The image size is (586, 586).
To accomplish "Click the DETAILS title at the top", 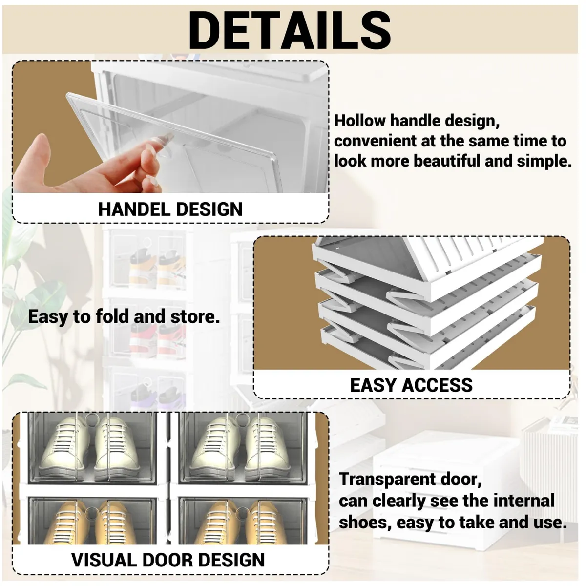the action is [x=290, y=30].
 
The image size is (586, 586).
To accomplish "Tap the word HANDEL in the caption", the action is [x=134, y=209].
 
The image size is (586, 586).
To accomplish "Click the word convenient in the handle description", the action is [x=375, y=141].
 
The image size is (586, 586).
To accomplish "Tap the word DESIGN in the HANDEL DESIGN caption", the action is [x=209, y=209].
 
